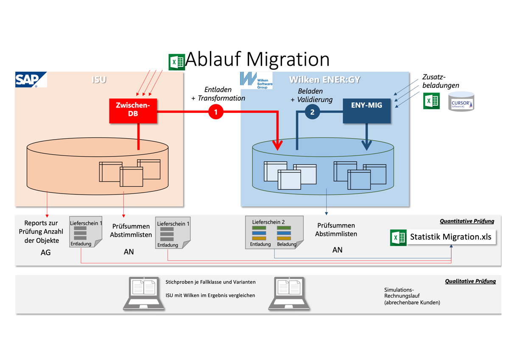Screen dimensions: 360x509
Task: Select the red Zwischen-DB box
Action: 133,110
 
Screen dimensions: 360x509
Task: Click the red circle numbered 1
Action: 216,112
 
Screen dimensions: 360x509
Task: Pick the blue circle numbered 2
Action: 313,112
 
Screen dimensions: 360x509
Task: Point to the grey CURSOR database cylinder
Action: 461,102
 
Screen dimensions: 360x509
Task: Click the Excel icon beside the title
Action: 176,62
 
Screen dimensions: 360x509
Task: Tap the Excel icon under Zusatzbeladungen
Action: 431,101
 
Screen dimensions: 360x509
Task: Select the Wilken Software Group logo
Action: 256,80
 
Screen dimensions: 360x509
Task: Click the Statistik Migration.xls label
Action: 450,237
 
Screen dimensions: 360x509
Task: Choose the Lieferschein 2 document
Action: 274,232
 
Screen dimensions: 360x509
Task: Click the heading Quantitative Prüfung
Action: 467,221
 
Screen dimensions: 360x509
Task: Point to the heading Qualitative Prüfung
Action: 470,281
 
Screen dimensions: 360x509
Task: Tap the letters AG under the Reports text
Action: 45,252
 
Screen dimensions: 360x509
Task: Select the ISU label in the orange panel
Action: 99,79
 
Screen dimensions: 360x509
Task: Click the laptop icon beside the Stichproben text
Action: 144,293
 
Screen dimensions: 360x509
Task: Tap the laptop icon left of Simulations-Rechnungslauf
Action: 289,293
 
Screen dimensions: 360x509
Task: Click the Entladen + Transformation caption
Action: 218,94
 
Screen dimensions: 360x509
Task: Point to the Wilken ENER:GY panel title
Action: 324,79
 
